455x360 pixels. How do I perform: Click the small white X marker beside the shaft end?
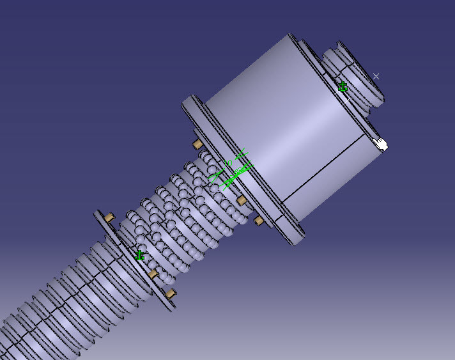(376, 76)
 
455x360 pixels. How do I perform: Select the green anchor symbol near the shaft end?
(343, 87)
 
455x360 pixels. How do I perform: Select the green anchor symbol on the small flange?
(140, 256)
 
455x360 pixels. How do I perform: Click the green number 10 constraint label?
(227, 162)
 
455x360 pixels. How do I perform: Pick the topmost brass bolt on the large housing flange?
(197, 143)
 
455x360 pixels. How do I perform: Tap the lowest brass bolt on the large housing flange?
(259, 221)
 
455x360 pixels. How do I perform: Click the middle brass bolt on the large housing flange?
(242, 201)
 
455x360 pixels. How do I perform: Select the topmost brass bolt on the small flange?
(109, 217)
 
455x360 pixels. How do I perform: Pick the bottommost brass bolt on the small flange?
(170, 293)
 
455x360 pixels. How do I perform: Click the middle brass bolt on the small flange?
(153, 274)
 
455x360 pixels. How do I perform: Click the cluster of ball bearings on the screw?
(185, 211)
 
